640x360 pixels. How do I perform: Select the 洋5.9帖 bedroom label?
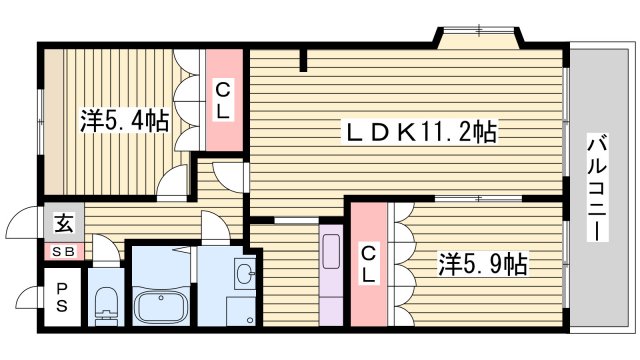click(483, 265)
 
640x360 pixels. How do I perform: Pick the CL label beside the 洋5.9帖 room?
click(368, 262)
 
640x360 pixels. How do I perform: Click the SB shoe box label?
click(62, 252)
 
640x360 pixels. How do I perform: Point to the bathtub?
click(160, 305)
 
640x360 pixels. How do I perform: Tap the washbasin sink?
click(241, 271)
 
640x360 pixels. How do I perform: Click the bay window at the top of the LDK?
click(477, 38)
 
